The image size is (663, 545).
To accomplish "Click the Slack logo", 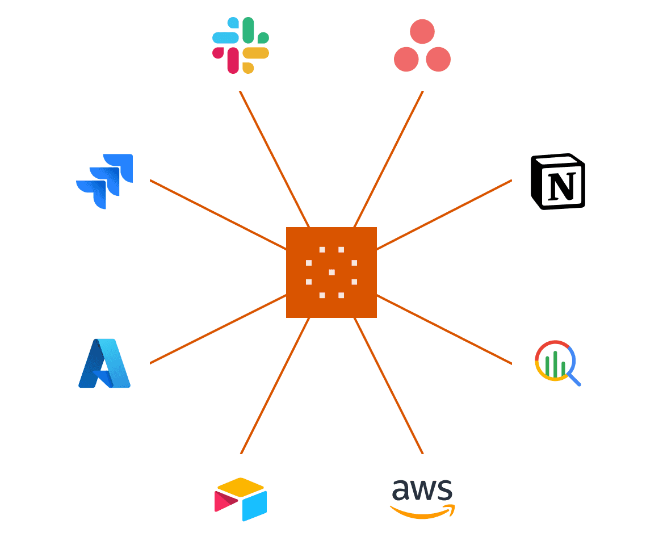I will coord(241,45).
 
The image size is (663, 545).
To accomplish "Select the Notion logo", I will coord(558,182).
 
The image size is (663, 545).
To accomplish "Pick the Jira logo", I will coord(104,182).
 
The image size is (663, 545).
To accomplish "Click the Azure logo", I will coord(104,363).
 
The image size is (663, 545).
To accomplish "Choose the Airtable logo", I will coord(241,500).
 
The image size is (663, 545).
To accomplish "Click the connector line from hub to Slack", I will coord(274,159).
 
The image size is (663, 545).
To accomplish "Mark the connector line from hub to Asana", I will coord(389,159).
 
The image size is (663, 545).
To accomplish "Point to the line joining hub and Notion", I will coord(444,215).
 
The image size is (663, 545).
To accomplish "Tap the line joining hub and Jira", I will coord(218,215).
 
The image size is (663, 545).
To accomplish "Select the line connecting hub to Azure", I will coord(218,329).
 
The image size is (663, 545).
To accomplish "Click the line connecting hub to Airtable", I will coord(274,386).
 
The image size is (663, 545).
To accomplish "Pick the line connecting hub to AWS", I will coord(389,386).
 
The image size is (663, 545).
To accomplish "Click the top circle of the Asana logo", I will coord(422,32).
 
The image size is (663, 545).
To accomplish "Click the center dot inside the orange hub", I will coord(331,272).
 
